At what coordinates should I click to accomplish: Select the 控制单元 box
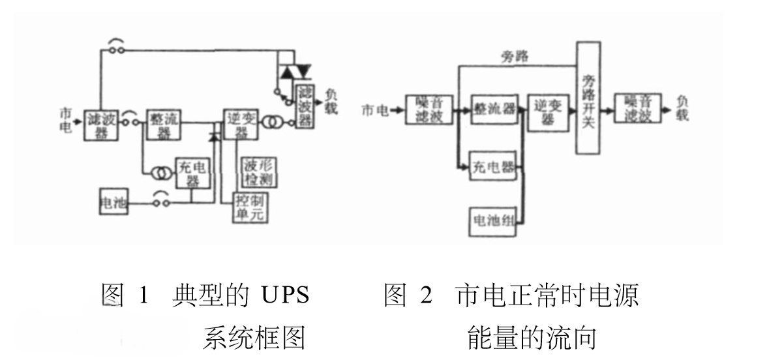coord(252,207)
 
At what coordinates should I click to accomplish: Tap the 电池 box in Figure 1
coord(113,203)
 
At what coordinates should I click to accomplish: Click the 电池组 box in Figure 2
coord(492,223)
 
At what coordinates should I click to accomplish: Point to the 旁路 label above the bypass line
coord(515,57)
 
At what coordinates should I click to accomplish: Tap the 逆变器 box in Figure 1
coord(241,123)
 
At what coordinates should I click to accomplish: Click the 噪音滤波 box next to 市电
coord(434,110)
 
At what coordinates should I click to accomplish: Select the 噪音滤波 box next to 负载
coord(638,109)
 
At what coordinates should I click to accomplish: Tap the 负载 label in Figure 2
coord(682,108)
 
